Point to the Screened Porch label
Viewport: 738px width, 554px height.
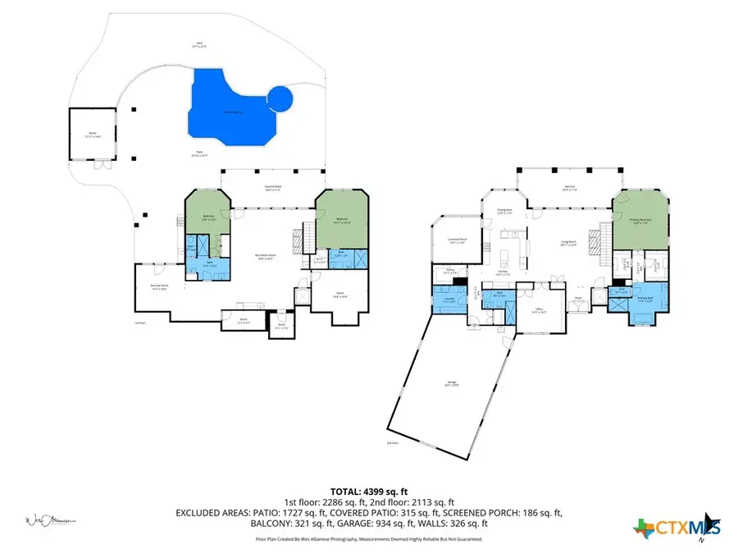[x=458, y=240]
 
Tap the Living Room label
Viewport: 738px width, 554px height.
[x=565, y=243]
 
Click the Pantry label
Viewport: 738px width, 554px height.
[x=450, y=270]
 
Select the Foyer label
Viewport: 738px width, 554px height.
[x=578, y=300]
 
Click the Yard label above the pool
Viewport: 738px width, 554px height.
[x=198, y=44]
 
